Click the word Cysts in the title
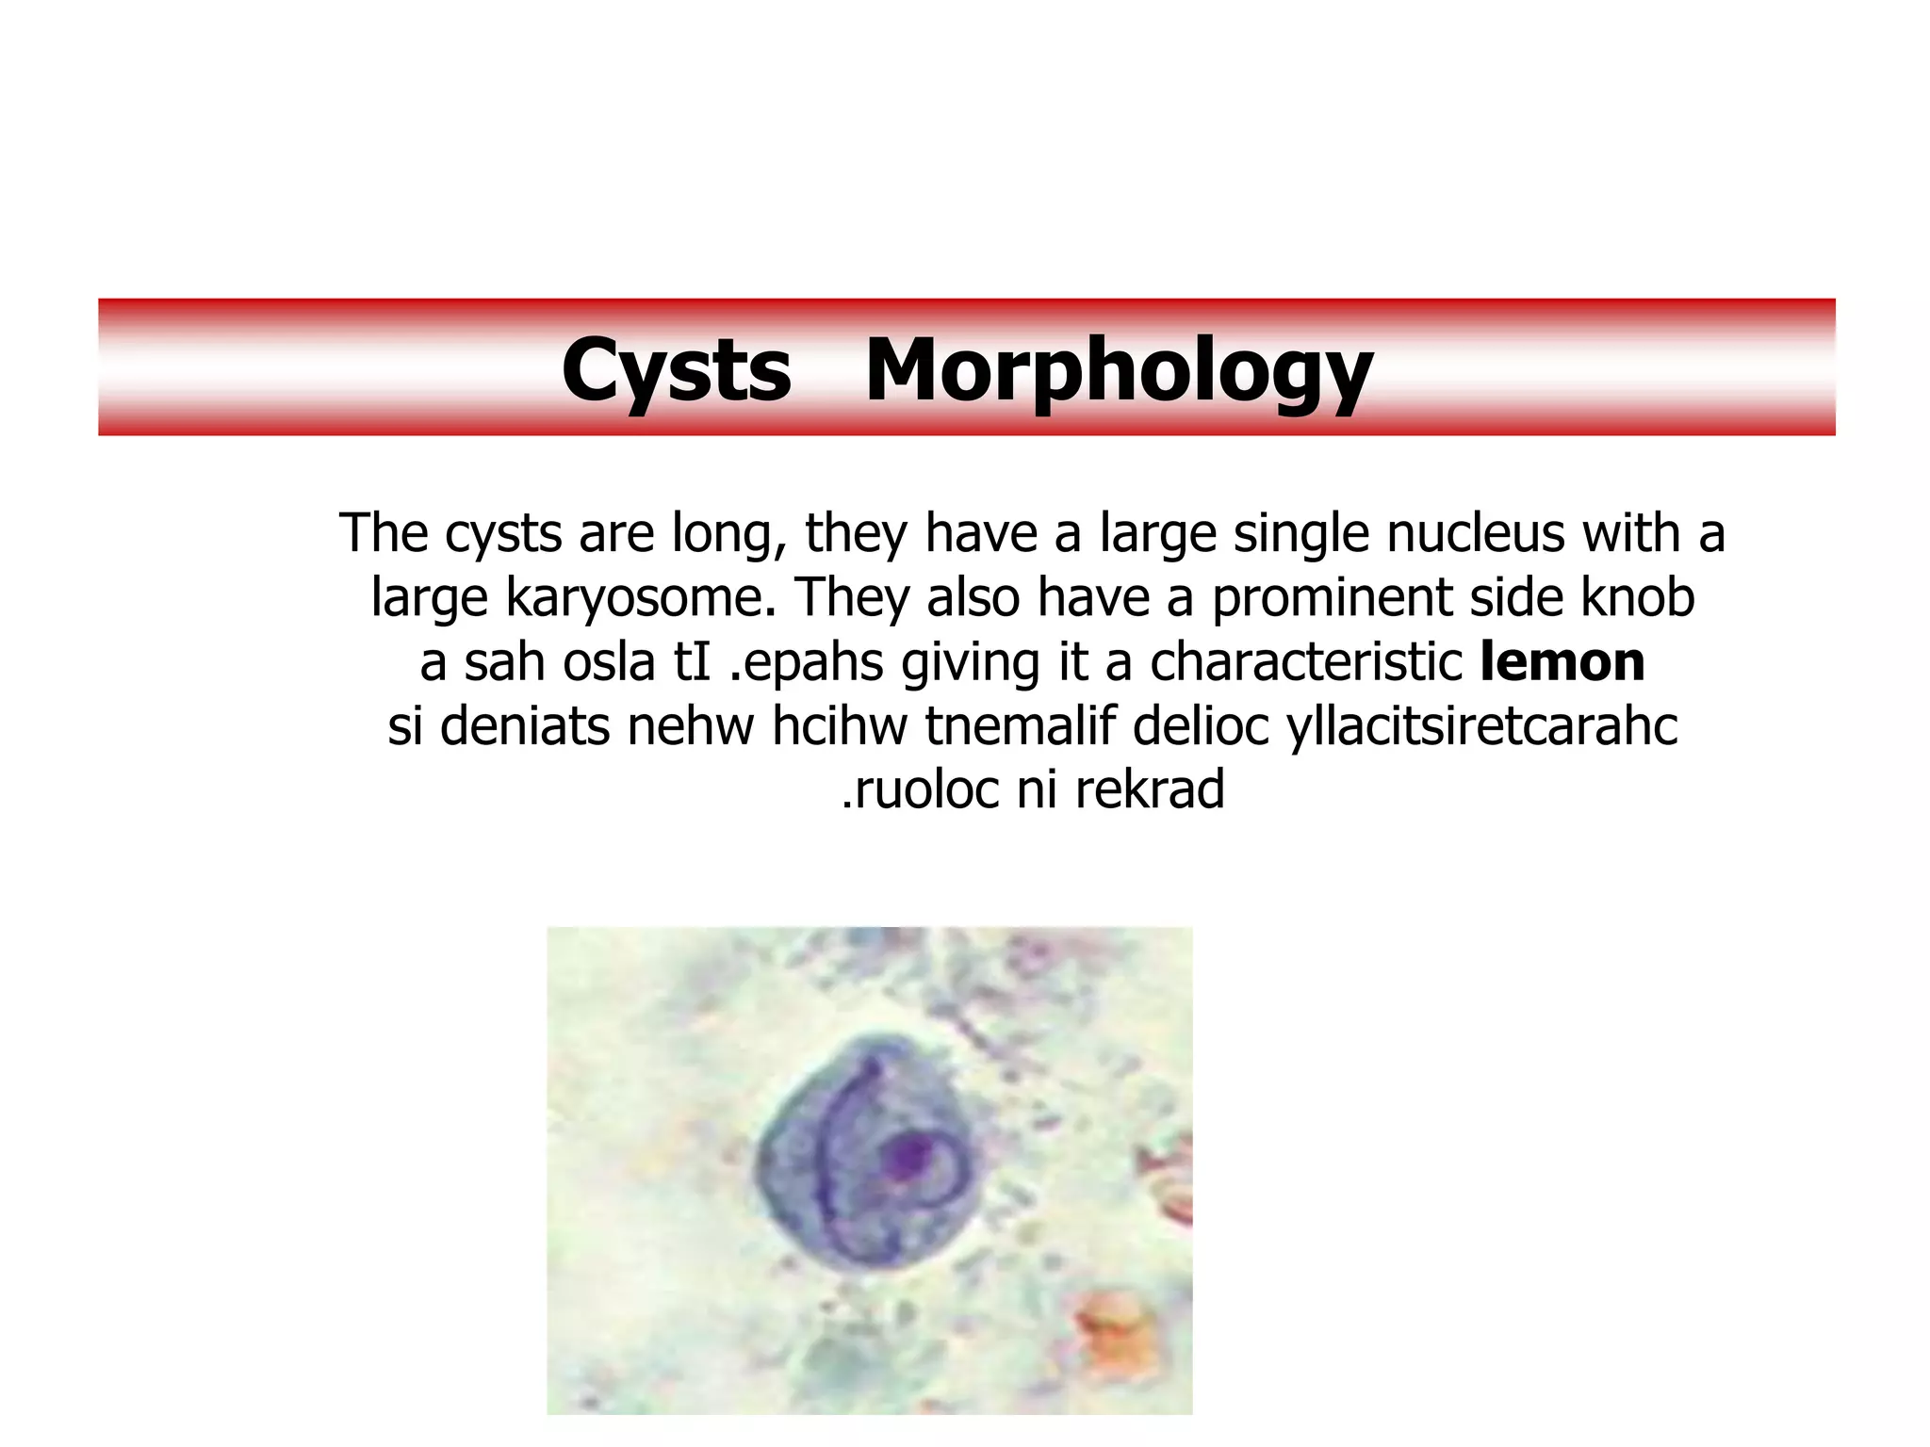pos(676,370)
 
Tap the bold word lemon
pos(1562,661)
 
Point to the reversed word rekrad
pos(1149,789)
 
